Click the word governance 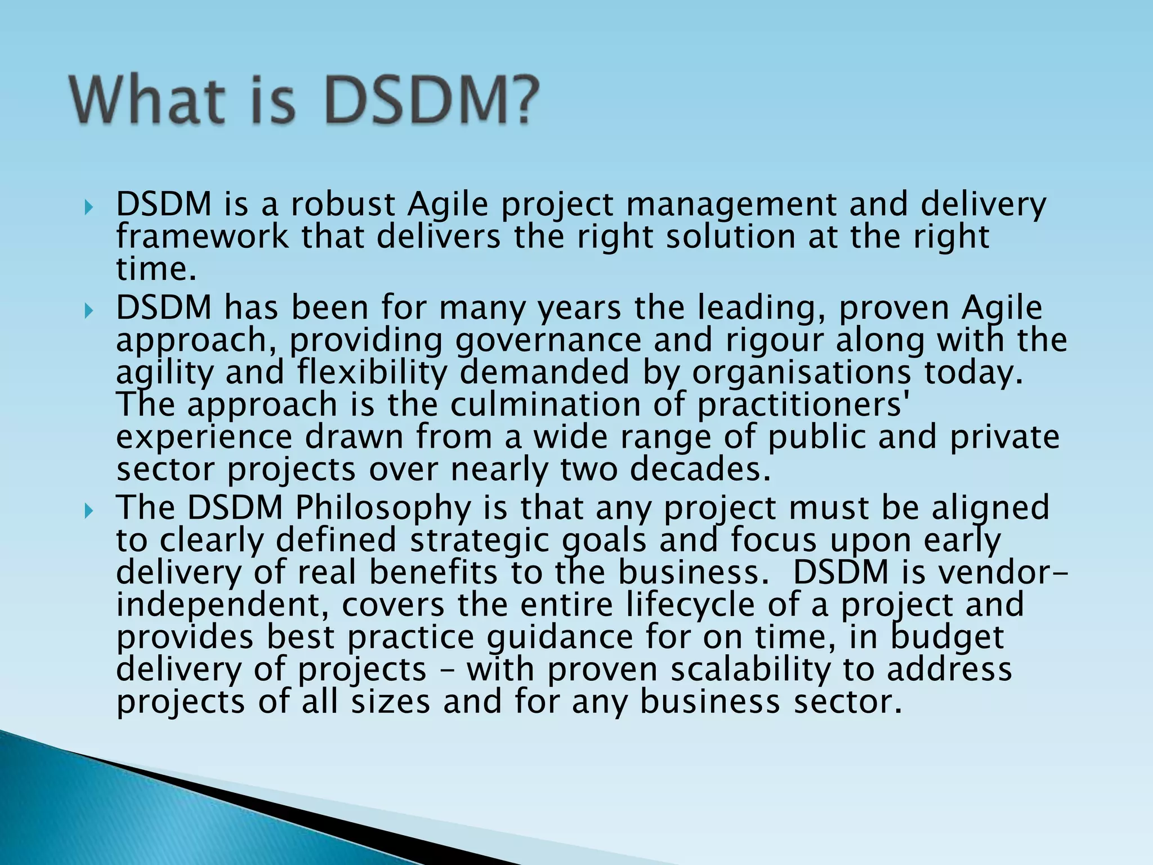[x=548, y=341]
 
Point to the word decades [x=700, y=469]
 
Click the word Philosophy [x=383, y=508]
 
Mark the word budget [x=947, y=637]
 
